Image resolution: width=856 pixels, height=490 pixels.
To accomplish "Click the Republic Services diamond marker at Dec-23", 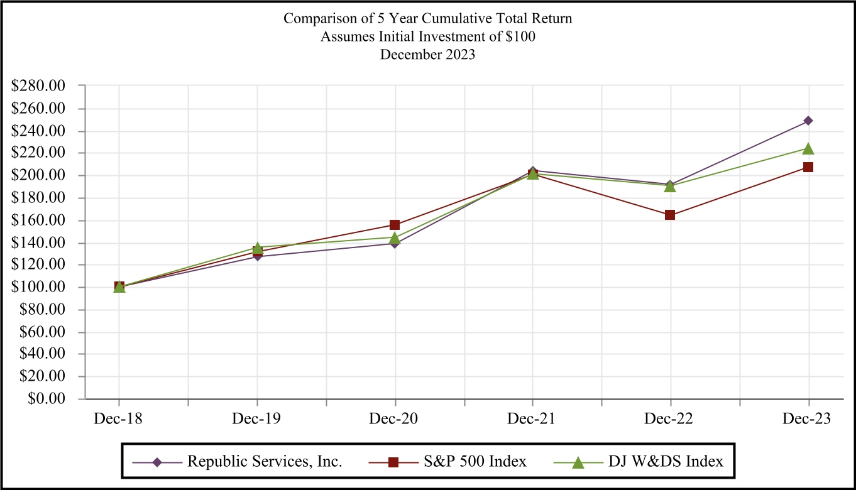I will click(808, 121).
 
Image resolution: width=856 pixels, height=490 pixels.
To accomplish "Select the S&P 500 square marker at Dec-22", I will click(670, 215).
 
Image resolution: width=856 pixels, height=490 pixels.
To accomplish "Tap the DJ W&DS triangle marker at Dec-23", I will click(808, 148).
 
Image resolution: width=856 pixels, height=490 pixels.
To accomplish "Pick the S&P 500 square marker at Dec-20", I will click(395, 225).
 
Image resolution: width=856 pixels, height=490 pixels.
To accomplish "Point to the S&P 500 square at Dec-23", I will click(808, 167).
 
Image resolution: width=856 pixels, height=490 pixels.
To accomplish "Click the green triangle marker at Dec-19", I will click(257, 248).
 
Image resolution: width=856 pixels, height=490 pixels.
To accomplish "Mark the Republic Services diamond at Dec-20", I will click(395, 243).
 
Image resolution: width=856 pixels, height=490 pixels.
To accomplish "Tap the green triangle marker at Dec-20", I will click(395, 237).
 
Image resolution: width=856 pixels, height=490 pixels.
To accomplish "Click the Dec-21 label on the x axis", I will click(532, 419).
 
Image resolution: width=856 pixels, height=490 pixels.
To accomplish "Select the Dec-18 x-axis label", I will click(119, 419).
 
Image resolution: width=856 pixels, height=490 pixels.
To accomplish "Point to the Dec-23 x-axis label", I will click(808, 419).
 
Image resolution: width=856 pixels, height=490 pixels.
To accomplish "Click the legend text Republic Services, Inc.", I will click(265, 462).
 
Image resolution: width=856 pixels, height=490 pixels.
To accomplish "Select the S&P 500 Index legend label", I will click(467, 462).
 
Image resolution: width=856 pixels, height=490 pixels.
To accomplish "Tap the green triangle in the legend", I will click(579, 462).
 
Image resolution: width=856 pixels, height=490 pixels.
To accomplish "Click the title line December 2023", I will click(428, 54).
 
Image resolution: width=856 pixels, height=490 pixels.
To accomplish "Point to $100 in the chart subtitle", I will click(523, 36).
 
